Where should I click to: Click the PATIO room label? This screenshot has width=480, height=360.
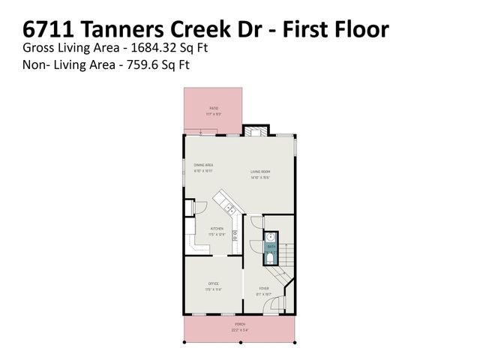point(214,109)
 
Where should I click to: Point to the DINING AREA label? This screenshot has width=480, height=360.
point(203,164)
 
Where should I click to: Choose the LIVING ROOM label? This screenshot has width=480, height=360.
point(260,172)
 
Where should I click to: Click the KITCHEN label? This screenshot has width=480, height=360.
point(217,229)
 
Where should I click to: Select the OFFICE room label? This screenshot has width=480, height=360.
point(213,283)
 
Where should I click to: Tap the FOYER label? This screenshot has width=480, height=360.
point(264,288)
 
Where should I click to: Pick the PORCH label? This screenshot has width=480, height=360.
point(240,325)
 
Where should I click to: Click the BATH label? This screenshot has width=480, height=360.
point(271,246)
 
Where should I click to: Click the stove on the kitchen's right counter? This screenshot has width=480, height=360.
point(235,238)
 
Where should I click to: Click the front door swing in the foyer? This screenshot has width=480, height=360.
point(276,305)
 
